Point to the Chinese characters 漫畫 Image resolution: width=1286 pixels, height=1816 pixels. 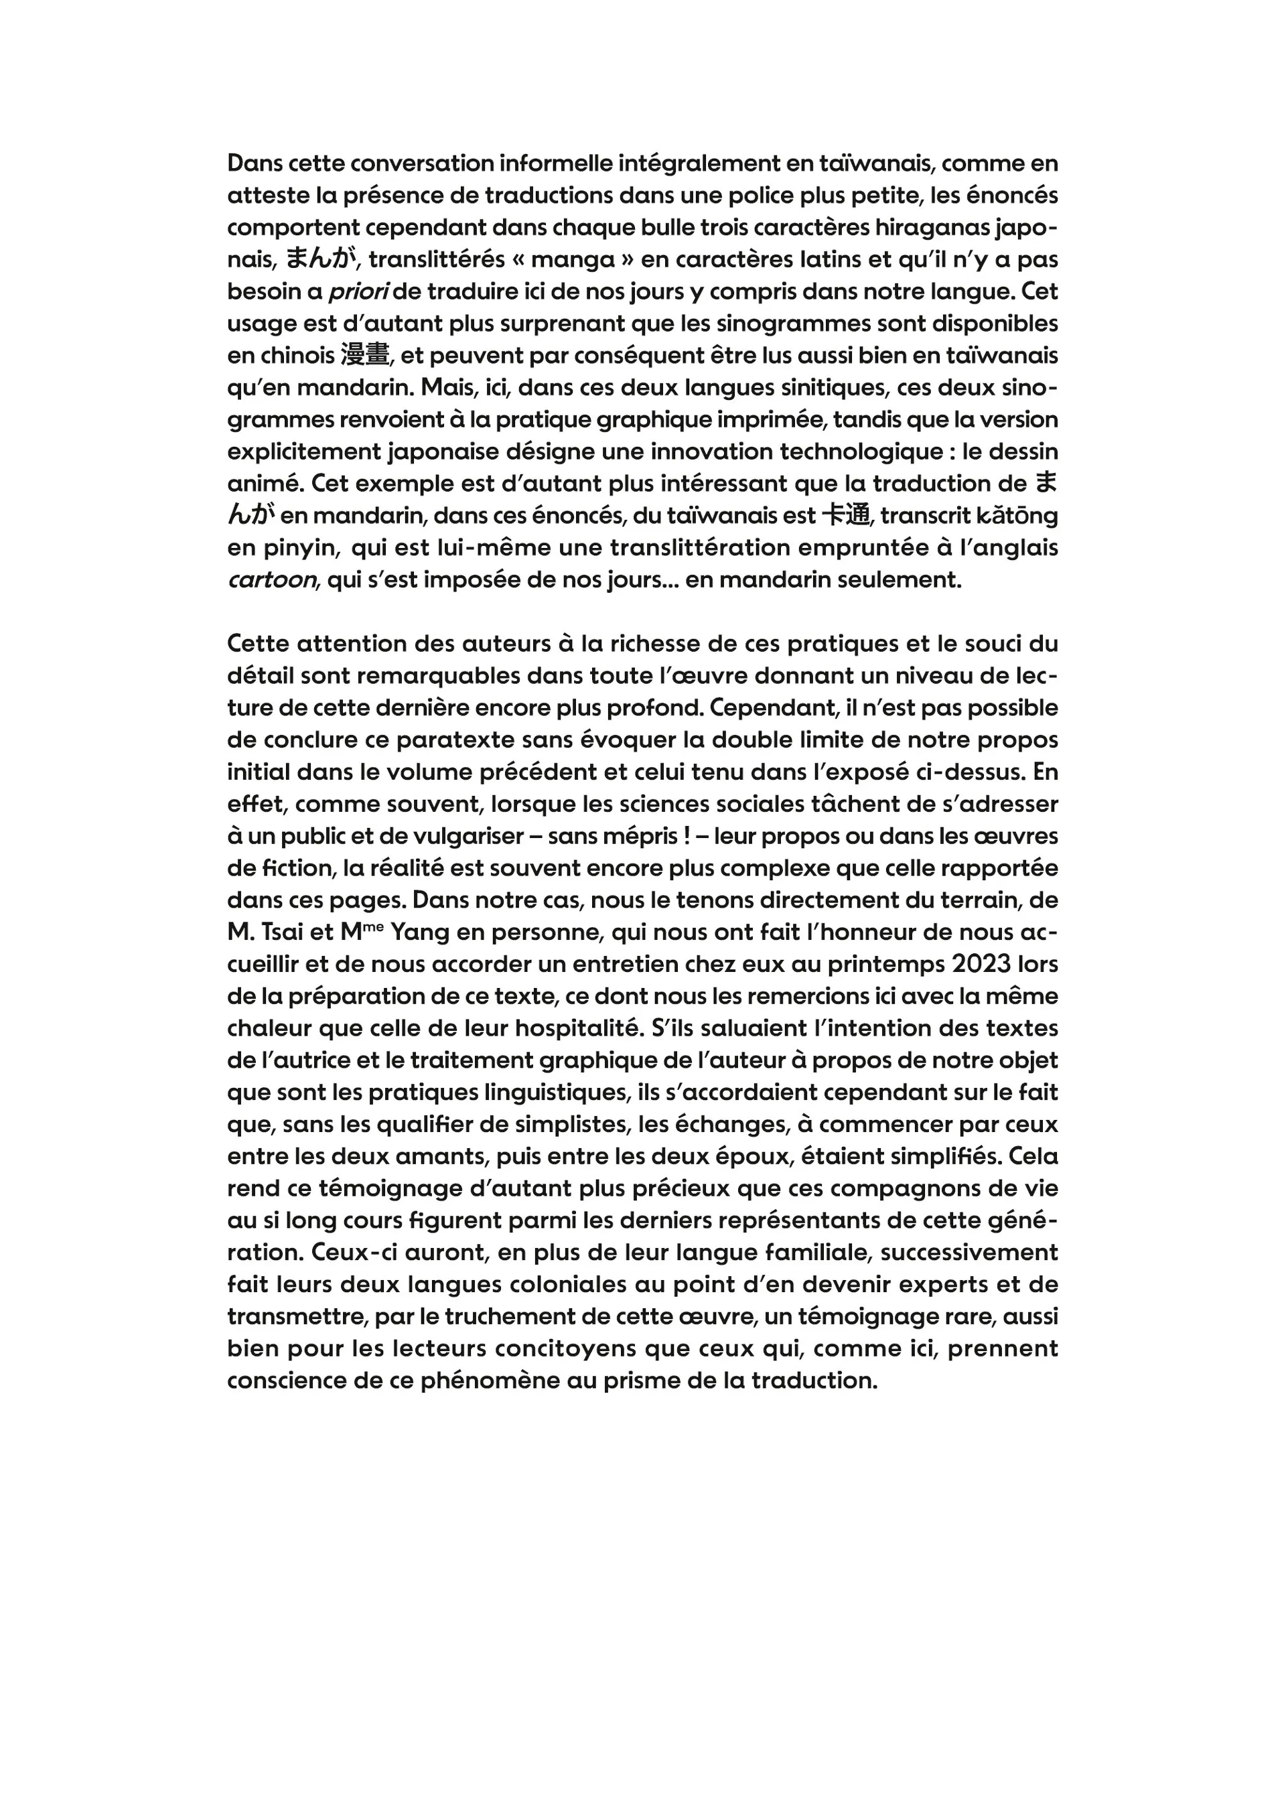pos(366,356)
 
